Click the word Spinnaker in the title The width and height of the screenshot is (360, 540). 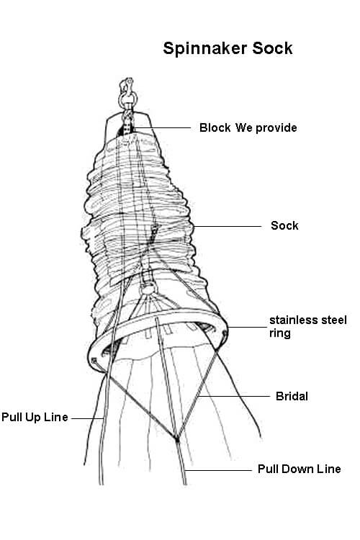pos(205,49)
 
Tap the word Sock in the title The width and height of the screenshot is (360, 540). pos(272,48)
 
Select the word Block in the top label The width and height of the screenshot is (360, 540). pos(215,127)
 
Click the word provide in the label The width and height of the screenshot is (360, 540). pos(276,128)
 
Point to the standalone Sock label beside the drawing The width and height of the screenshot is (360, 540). pos(284,225)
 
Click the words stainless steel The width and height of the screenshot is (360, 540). pos(308,320)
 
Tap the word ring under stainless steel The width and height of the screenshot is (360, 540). pos(280,333)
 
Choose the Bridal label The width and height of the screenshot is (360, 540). pos(292,396)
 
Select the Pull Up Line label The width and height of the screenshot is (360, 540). pos(35,417)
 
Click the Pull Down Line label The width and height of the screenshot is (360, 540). pos(300,469)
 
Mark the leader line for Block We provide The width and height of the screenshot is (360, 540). pos(162,127)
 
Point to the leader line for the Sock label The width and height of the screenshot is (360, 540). pos(228,226)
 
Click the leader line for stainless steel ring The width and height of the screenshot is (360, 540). pos(247,327)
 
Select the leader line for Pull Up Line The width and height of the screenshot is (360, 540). pos(87,418)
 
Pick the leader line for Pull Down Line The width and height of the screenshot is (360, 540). pos(218,470)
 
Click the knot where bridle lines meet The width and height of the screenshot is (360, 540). pos(176,438)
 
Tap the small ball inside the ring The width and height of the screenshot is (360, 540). pos(148,289)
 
